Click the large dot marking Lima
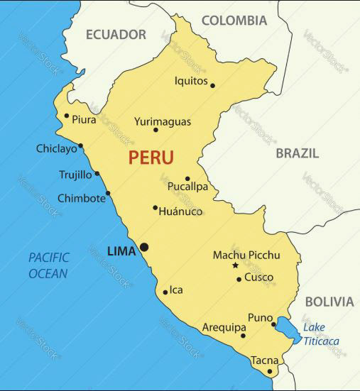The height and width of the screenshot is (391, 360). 144,247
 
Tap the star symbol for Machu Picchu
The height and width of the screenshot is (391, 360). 236,265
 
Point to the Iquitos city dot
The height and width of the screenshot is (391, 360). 212,86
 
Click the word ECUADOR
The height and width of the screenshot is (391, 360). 116,34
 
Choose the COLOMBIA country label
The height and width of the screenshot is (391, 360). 234,21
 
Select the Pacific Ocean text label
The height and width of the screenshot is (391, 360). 48,265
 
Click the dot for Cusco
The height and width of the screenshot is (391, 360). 239,279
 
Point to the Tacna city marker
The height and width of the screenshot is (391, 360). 270,371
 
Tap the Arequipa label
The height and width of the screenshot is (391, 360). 224,328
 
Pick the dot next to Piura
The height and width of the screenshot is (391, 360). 67,116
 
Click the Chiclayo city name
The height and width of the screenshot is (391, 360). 56,149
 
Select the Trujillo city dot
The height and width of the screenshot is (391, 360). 97,173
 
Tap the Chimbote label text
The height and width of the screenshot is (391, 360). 81,198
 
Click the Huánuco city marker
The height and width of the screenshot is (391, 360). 155,208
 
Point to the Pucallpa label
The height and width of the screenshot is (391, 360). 187,187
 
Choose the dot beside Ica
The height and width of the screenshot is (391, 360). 165,292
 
